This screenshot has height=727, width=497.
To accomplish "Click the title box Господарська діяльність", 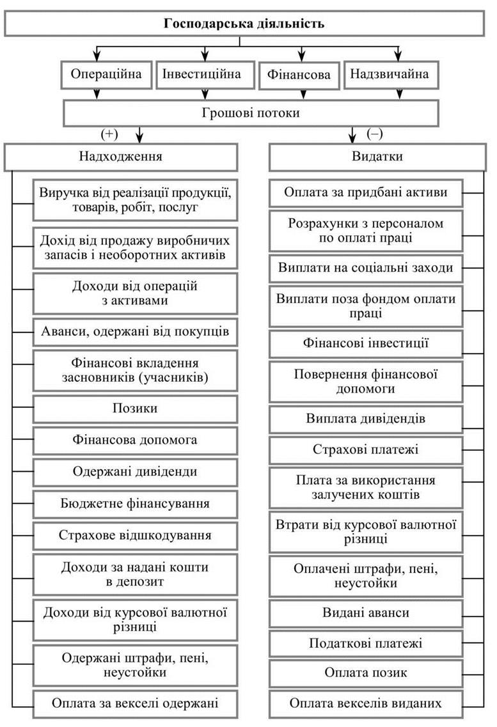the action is [244, 24].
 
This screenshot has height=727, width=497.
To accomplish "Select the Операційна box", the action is [106, 74].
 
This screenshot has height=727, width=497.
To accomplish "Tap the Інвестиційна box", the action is [205, 74].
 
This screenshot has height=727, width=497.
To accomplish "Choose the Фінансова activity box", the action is [299, 75].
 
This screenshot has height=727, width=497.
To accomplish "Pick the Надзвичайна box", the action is [391, 74].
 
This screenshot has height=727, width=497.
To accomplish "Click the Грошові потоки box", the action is [251, 113].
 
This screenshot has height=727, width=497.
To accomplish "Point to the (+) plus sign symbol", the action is [109, 134].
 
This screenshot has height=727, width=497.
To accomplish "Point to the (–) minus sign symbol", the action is [375, 134].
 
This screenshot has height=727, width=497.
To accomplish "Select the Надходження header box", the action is [121, 157].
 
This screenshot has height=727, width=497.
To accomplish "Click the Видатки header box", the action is [377, 157].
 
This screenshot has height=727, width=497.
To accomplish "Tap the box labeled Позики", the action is [135, 409].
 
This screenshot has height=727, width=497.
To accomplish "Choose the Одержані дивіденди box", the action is [135, 472].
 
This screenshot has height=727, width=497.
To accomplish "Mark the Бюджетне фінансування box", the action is [135, 504].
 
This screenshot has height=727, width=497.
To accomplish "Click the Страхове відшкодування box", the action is [135, 536].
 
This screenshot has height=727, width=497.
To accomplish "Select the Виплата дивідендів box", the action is [366, 419].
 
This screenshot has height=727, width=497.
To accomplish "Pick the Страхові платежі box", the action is [366, 449].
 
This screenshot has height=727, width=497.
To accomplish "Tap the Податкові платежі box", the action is [366, 643].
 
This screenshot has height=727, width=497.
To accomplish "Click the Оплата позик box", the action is [366, 673].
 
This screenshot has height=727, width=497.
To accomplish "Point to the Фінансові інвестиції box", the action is [366, 343].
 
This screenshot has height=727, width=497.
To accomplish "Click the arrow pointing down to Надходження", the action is [139, 134].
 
